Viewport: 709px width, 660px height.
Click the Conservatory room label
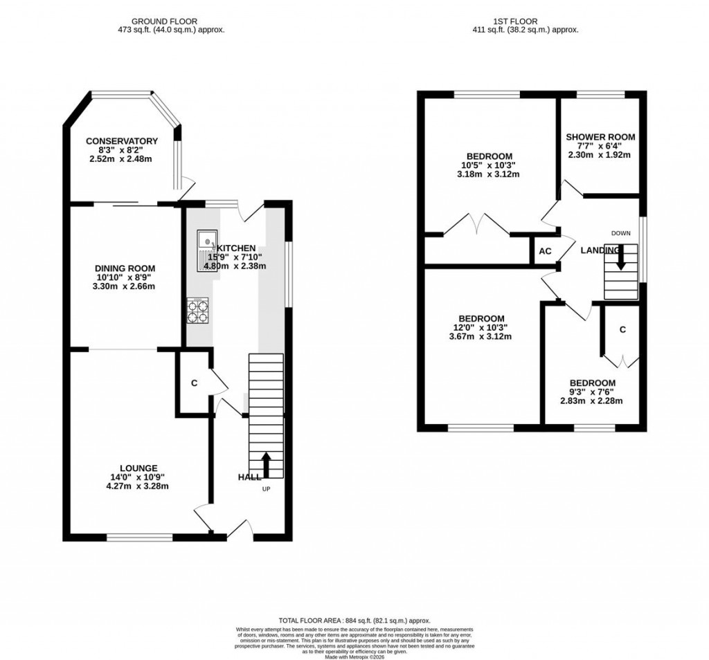[x=122, y=141]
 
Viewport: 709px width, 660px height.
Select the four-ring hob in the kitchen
[x=197, y=310]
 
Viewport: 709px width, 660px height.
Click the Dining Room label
[x=125, y=268]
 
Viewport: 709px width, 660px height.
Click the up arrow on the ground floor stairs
[x=266, y=464]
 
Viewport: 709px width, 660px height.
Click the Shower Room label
[x=600, y=137]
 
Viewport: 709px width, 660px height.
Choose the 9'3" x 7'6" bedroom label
[x=592, y=383]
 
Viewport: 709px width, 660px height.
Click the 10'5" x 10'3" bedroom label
[x=489, y=156]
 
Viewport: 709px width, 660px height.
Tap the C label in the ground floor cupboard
[x=194, y=383]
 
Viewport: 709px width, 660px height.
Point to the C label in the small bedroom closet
[x=622, y=330]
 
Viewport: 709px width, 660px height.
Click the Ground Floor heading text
[x=171, y=22]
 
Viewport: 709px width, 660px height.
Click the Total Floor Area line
[x=354, y=621]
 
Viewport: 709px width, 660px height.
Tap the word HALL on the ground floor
[x=249, y=477]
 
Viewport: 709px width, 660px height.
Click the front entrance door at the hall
[x=240, y=530]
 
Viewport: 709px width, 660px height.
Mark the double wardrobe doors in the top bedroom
[x=478, y=224]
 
